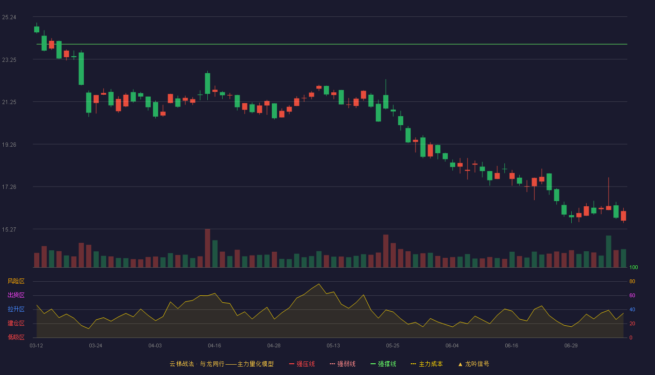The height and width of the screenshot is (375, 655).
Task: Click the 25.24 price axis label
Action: [9, 17]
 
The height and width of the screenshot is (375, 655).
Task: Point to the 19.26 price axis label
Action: [9, 145]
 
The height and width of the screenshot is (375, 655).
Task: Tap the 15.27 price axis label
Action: [9, 229]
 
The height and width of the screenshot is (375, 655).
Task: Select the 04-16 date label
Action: [214, 346]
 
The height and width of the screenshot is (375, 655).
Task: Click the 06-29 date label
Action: [571, 346]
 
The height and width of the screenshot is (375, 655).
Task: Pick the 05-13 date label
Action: [333, 346]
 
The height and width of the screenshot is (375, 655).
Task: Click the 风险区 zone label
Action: [16, 281]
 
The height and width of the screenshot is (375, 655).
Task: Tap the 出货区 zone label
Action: [16, 295]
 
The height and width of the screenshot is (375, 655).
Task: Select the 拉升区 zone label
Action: [16, 309]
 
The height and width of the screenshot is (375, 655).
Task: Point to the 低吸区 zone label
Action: [16, 337]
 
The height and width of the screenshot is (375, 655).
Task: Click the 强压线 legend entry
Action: [302, 364]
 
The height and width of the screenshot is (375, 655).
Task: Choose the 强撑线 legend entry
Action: [383, 364]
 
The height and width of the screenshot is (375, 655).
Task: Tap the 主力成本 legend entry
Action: [427, 364]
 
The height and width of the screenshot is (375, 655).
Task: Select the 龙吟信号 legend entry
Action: [473, 364]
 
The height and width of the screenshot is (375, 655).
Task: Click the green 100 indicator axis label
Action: [633, 267]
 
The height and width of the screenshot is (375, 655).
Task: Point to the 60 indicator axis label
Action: [632, 295]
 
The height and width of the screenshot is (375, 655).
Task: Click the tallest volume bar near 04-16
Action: [208, 248]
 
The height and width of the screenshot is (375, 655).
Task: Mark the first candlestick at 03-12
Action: [36, 29]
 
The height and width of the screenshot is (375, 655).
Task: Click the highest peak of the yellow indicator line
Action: [319, 284]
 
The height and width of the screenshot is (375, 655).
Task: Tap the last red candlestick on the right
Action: [623, 216]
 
